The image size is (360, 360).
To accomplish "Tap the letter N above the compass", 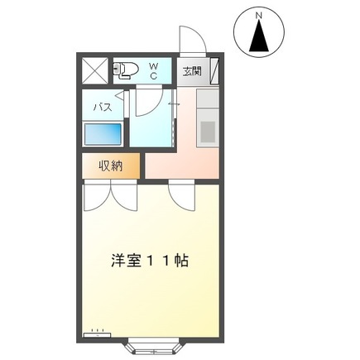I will coord(259,15).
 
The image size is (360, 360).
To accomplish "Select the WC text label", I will coord(153,70).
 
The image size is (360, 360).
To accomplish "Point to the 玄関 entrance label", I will coord(192,70).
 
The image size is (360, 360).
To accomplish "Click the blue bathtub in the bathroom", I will coord(103,135).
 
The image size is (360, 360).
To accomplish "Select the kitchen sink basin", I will coord(207,130).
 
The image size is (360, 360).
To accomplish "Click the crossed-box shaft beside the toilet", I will coord(94,70).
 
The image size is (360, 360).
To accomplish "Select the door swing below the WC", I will coord(147,100).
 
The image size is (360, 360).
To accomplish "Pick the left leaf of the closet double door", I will coord(98,194).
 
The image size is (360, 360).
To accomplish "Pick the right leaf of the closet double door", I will coord(124,194).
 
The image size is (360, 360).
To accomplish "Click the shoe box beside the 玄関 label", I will coord(214,70).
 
